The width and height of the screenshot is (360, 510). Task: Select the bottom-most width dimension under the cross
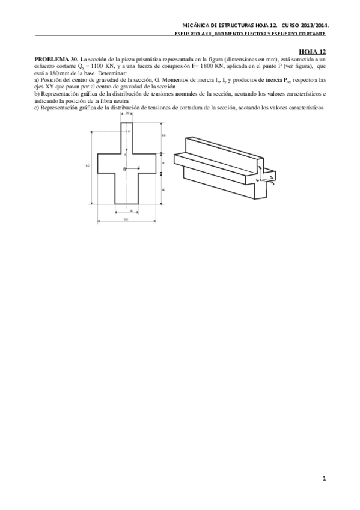point(127,219)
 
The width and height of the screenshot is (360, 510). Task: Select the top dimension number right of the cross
point(163,135)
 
